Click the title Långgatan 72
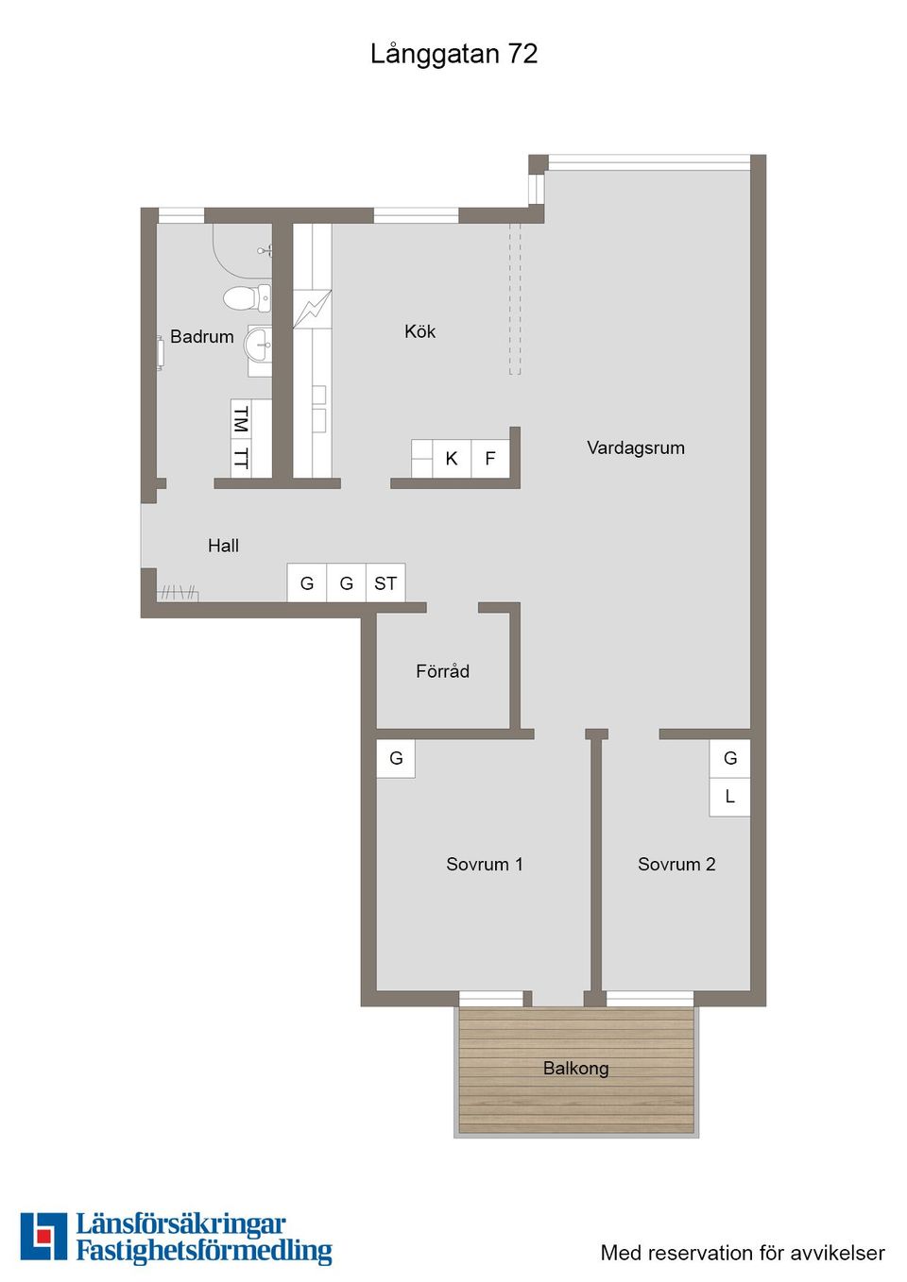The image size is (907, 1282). [x=453, y=54]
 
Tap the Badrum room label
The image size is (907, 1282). [x=201, y=337]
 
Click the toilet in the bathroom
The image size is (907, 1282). [x=248, y=298]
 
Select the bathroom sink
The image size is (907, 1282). [x=259, y=345]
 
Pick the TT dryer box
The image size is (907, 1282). [x=241, y=459]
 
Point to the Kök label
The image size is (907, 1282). [x=419, y=331]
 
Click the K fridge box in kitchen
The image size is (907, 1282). [x=452, y=459]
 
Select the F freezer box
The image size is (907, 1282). [x=490, y=459]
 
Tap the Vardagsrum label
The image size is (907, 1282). [x=635, y=447]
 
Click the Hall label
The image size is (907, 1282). [x=223, y=546]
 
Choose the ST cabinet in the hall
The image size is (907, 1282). [x=385, y=583]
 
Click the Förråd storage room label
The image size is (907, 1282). [x=442, y=671]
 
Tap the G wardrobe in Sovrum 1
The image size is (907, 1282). [x=396, y=758]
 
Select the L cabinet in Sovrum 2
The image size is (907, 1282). [x=729, y=797]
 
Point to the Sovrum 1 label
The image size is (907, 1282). [x=484, y=864]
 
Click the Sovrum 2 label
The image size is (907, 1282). [x=676, y=864]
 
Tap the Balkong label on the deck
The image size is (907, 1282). [x=575, y=1068]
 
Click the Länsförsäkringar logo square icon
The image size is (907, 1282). [x=43, y=1237]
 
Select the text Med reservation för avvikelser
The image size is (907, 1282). [x=743, y=1253]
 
